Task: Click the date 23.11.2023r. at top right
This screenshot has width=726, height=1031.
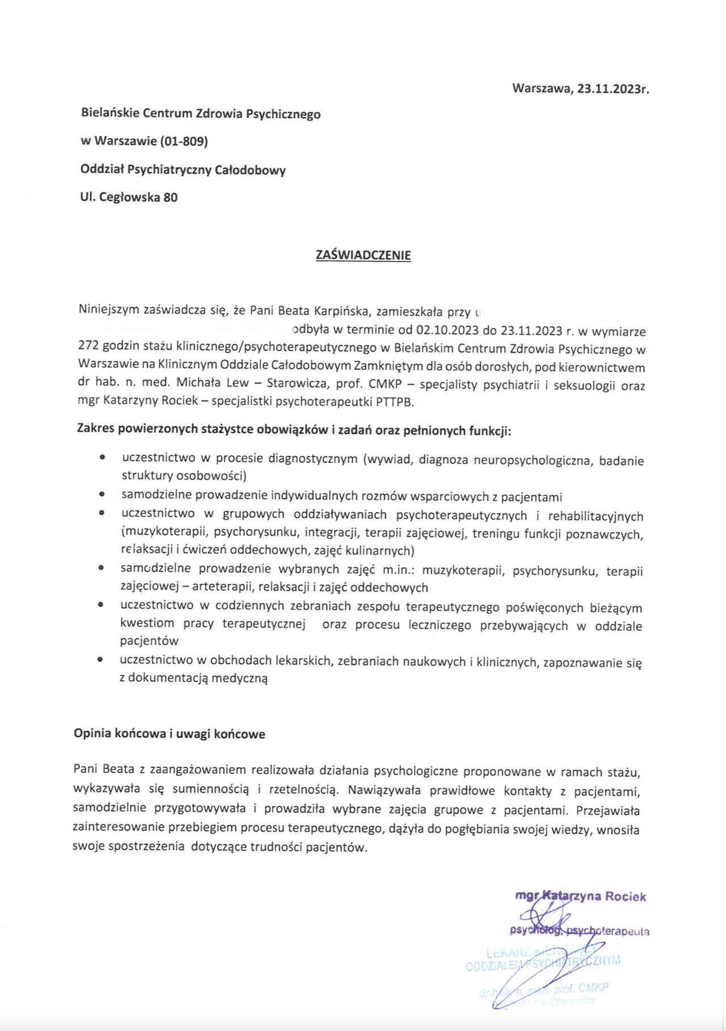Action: [613, 89]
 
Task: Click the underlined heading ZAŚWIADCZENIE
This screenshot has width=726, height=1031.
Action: [363, 255]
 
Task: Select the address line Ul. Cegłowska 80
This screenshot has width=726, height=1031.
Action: [129, 197]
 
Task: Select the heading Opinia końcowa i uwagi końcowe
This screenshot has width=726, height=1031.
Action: [169, 734]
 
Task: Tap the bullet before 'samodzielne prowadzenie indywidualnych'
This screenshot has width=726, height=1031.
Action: [102, 495]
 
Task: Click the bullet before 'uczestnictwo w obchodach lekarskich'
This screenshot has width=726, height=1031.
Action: [100, 659]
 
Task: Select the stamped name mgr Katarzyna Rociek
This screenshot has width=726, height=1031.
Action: [580, 897]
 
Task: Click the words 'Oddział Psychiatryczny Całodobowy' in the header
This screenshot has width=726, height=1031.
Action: [183, 170]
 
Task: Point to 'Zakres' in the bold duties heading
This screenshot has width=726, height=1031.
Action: [95, 430]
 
